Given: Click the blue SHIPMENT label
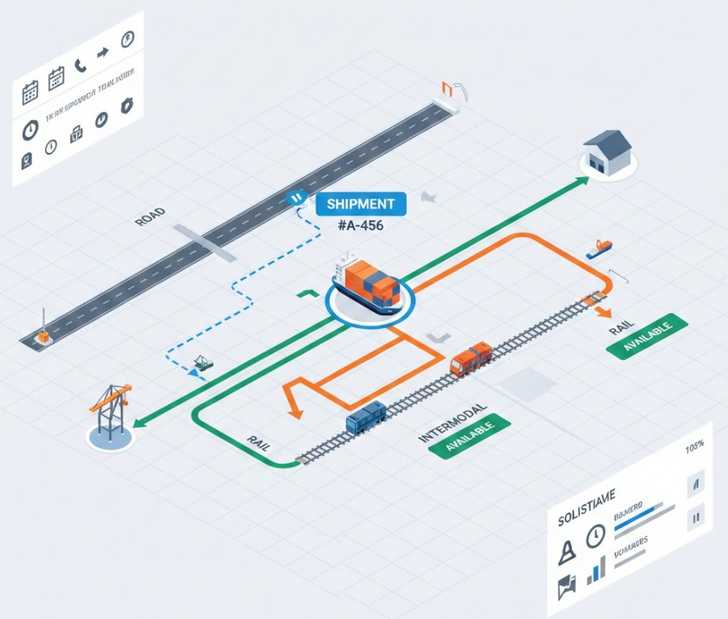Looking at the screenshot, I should tap(360, 203).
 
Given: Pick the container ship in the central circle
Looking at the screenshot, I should tap(368, 285).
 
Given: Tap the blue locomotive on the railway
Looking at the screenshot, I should tap(365, 416).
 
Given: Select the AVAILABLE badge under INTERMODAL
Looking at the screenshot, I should tap(469, 435).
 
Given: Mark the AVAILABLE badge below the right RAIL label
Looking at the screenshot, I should tap(649, 337).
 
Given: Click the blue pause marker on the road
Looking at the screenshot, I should tap(297, 198).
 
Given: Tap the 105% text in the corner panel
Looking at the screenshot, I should tap(694, 447).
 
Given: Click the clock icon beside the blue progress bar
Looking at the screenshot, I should tap(595, 536).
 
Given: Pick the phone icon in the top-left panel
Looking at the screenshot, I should tap(80, 67).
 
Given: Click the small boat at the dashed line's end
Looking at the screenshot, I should tap(203, 364).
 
